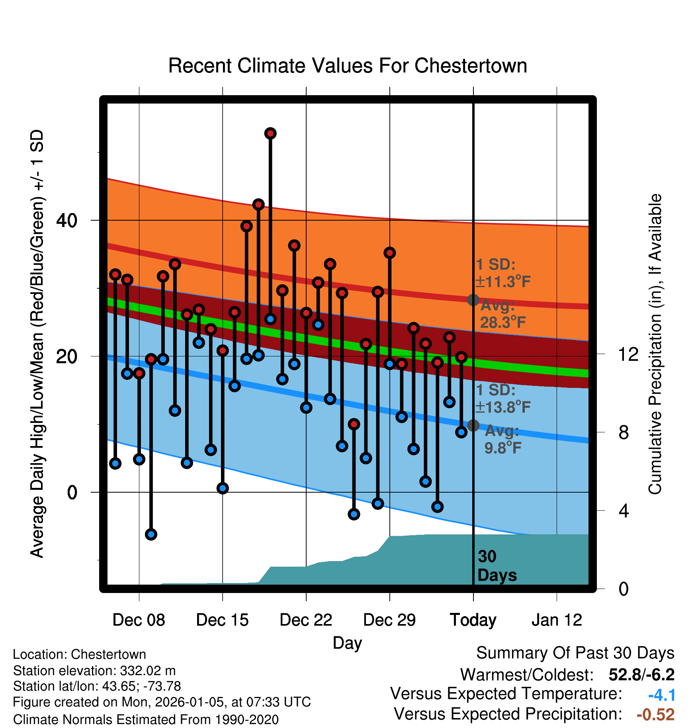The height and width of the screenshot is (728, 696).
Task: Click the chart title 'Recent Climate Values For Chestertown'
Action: pos(348,66)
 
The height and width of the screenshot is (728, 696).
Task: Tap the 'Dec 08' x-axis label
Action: pos(139,620)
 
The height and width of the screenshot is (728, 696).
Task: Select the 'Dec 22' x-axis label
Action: pos(306,620)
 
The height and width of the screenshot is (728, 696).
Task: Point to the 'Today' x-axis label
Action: pos(473,620)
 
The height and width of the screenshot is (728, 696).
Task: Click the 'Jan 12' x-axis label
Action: pos(557,620)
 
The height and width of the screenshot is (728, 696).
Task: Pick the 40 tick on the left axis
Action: pos(67,220)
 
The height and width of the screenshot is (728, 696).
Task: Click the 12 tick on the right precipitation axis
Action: pos(628,354)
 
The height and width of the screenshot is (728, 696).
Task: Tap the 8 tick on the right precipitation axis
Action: pos(624,432)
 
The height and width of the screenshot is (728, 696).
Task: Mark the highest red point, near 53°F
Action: pos(270,133)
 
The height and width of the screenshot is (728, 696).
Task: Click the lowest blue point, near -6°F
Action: pos(151,534)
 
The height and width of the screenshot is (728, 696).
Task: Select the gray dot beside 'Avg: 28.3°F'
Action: pos(473,300)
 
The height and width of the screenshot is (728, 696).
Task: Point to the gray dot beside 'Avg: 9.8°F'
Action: pos(473,425)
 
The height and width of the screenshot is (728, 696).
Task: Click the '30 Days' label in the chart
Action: pos(497,566)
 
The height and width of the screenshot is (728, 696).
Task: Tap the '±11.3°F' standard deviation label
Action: pos(503,282)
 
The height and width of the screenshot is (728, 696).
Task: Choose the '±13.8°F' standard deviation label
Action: pos(503,407)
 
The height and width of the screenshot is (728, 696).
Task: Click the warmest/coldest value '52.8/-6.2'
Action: pos(641,675)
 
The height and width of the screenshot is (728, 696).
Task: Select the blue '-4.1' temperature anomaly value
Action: pos(662,695)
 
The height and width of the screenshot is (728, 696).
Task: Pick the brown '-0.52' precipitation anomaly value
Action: pos(655,714)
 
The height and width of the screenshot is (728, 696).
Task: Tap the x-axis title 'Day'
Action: pos(347,643)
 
